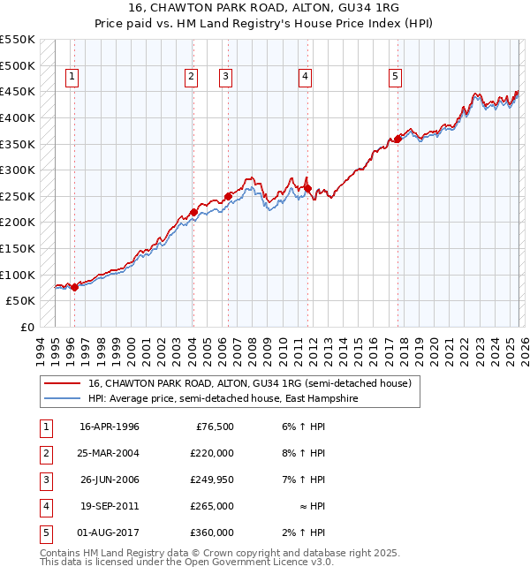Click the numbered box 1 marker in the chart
(x=71, y=78)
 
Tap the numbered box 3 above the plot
(x=226, y=78)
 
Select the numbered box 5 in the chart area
(x=395, y=78)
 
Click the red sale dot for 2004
(x=193, y=212)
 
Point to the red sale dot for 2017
(x=397, y=139)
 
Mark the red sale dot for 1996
(x=74, y=286)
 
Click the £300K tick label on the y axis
(x=18, y=170)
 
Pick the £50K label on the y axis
(x=20, y=301)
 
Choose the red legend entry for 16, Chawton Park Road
(x=250, y=384)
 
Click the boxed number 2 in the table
(x=44, y=453)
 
